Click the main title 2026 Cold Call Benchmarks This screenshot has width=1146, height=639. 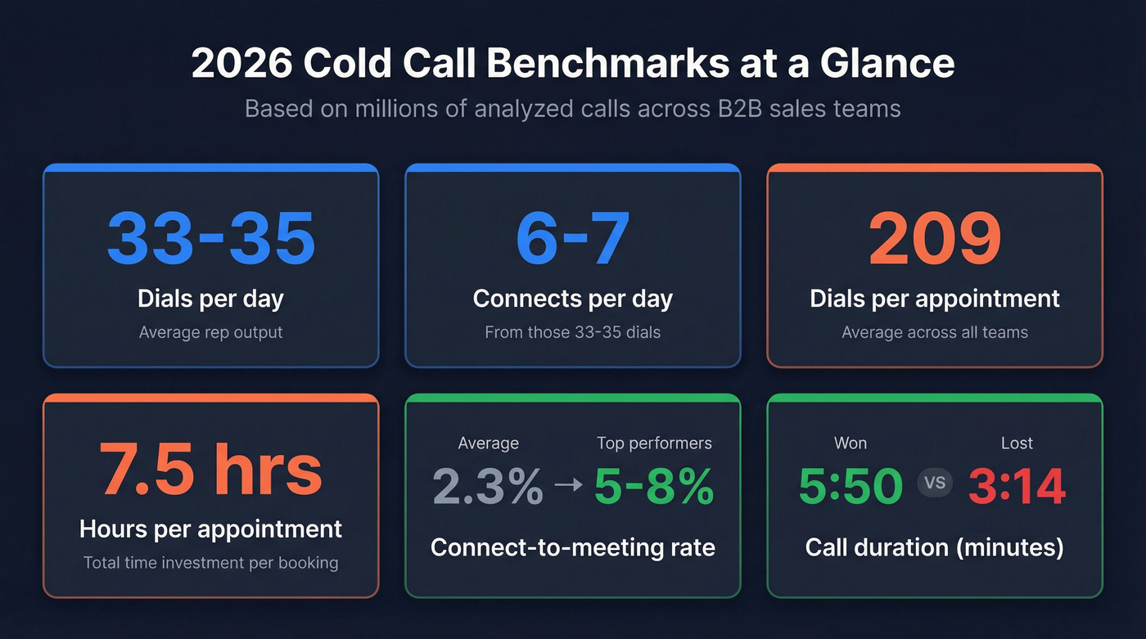click(x=573, y=64)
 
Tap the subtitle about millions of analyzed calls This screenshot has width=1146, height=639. click(x=573, y=109)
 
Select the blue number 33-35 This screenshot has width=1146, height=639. click(x=211, y=238)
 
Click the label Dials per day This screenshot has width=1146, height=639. click(x=211, y=299)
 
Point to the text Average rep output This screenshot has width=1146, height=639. click(x=211, y=332)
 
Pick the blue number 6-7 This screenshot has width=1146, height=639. click(x=573, y=238)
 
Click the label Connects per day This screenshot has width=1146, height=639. click(x=573, y=299)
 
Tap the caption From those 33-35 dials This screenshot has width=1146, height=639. click(x=573, y=332)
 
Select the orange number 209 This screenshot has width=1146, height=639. click(x=935, y=238)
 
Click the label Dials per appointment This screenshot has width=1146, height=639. click(x=935, y=299)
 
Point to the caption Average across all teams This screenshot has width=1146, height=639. click(x=935, y=332)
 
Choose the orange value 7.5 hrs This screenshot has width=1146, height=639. click(x=211, y=469)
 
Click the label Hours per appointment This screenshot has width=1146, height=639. click(x=211, y=529)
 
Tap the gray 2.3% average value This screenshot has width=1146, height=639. click(x=488, y=486)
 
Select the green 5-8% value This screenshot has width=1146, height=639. click(x=654, y=486)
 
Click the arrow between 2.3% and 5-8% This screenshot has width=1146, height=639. click(x=568, y=484)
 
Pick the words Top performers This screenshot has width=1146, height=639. click(x=654, y=443)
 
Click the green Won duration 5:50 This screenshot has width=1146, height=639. click(x=850, y=486)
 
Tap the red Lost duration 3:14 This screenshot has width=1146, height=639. click(x=1017, y=486)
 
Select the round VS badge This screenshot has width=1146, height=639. click(x=935, y=483)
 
